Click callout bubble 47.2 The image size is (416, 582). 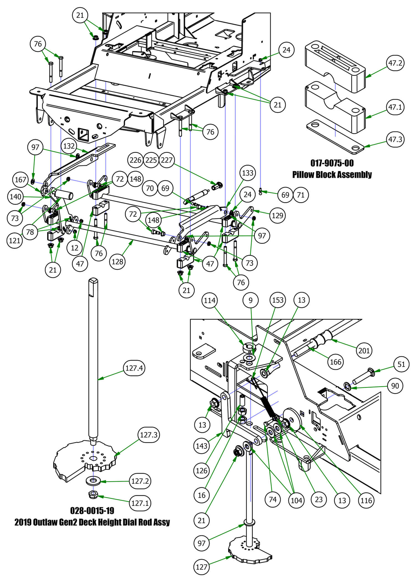pos(395,63)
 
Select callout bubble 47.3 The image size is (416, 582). pos(395,139)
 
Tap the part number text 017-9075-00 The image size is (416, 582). pos(332,163)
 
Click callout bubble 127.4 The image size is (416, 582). pos(134,368)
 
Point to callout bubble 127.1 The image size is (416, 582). pos(140,503)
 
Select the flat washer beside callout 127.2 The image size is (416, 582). pos(92,480)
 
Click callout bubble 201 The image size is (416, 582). pos(364,351)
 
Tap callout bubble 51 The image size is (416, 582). pos(401,364)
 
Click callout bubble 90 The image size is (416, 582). pos(395,386)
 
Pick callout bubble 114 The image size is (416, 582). pos(210,300)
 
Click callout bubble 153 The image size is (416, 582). pos(278,300)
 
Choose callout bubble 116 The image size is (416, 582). pos(366,500)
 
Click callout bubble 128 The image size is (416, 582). pos(118,261)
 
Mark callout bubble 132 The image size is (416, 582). pos(69,146)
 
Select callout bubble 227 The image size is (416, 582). pos(167,160)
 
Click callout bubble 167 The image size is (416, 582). pos(21,180)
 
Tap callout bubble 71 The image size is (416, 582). pos(301,195)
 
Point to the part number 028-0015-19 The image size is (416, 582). pos(92,510)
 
